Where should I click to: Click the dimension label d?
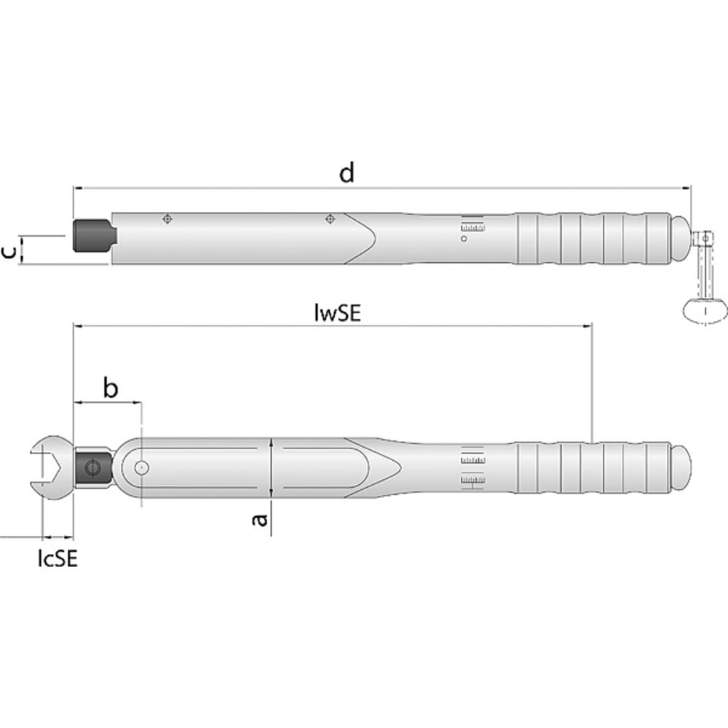[x=347, y=173]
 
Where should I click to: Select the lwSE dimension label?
[x=337, y=312]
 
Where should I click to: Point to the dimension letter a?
[x=260, y=520]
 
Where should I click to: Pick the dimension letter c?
[x=9, y=252]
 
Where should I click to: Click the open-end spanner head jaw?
[x=51, y=467]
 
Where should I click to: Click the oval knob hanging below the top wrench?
[x=705, y=309]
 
